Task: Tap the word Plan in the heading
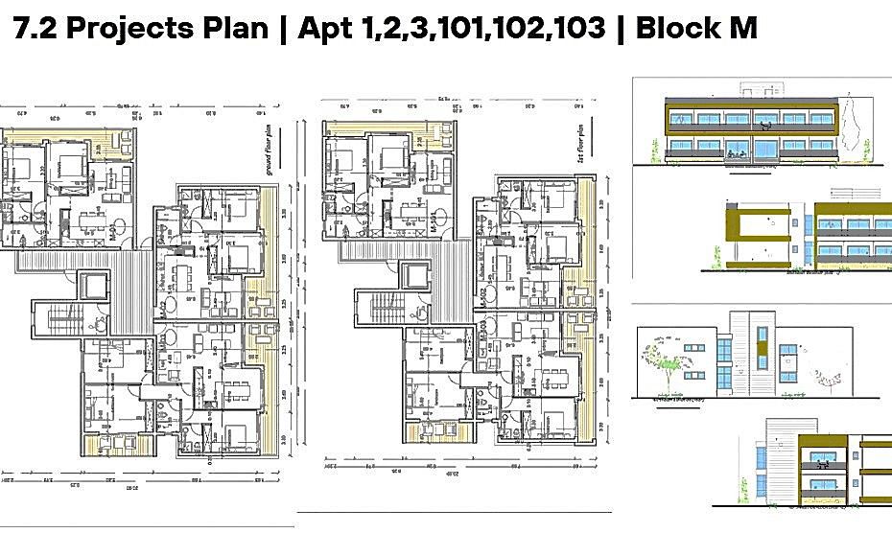(237, 28)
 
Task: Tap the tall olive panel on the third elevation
(763, 351)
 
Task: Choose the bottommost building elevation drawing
(815, 465)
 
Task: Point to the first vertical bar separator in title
(283, 28)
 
